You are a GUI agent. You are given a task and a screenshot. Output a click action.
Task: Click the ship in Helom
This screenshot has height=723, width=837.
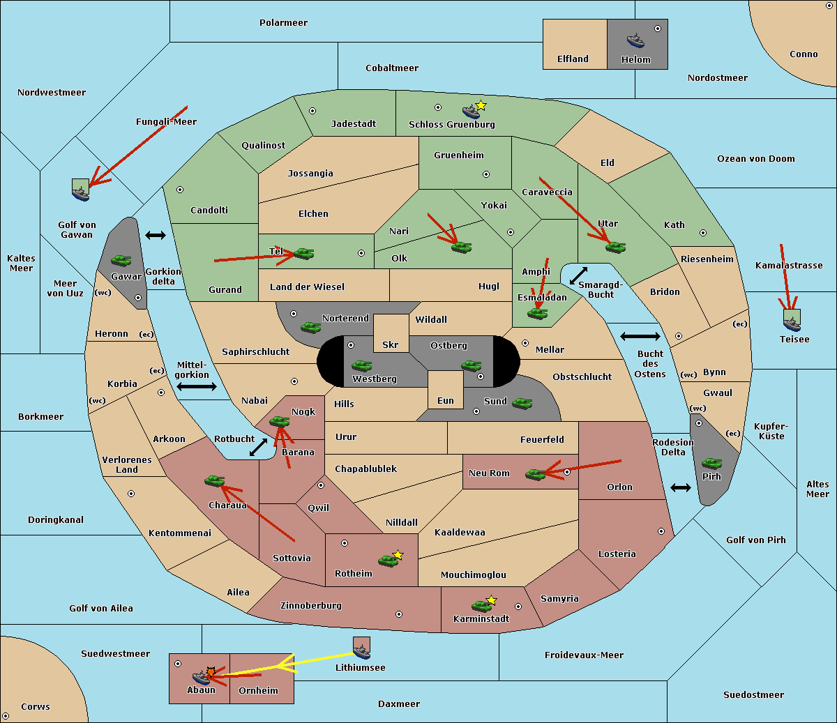[x=635, y=41]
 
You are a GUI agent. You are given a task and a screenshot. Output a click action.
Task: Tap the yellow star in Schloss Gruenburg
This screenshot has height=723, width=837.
[x=481, y=106]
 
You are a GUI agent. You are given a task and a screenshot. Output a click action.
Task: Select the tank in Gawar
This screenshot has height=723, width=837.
[x=121, y=260]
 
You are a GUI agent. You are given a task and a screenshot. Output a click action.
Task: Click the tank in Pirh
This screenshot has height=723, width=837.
[x=711, y=463]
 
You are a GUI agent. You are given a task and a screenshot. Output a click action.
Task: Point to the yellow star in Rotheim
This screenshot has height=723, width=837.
[x=398, y=554]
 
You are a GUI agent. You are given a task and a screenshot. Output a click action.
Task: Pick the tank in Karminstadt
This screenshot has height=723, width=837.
[x=482, y=607]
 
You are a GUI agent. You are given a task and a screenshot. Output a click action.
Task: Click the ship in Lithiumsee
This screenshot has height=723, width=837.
[x=361, y=652]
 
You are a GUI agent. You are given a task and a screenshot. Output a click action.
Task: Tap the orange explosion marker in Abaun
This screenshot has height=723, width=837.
[x=211, y=672]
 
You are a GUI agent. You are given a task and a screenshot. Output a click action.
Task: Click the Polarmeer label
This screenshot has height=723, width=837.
[x=283, y=23]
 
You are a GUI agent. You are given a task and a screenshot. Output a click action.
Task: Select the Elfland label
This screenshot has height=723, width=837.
[x=573, y=59]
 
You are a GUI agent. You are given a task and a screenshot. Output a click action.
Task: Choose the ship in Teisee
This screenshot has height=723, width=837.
[x=792, y=324]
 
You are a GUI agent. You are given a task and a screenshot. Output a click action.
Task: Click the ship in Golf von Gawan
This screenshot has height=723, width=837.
[x=81, y=193]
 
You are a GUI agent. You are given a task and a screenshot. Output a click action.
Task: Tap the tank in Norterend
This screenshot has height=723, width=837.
[x=310, y=328]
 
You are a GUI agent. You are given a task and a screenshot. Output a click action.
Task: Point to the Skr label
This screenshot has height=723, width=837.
[x=391, y=344]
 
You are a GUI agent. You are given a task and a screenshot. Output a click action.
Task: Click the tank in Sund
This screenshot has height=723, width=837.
[x=522, y=404]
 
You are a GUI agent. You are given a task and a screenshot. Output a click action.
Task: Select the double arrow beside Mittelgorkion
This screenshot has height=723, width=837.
[x=197, y=386]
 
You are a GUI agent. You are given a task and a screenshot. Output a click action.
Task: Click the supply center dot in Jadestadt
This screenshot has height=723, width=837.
[x=312, y=111]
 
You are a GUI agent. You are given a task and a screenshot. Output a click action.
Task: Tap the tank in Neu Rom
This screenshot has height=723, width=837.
[x=535, y=474]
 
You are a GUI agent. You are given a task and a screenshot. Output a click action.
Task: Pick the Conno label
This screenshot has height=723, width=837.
[x=804, y=54]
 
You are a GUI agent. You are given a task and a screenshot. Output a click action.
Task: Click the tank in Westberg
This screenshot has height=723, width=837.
[x=361, y=366]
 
